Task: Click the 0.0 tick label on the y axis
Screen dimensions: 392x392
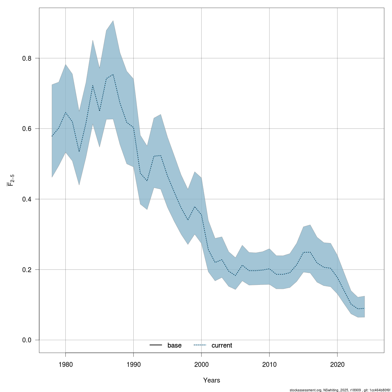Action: click(27, 340)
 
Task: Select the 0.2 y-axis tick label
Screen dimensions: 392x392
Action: click(27, 269)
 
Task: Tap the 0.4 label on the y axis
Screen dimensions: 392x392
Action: click(27, 199)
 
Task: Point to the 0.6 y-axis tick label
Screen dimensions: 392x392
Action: click(27, 128)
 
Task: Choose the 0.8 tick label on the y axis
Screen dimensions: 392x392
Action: click(27, 58)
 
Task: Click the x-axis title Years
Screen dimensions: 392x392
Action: click(212, 380)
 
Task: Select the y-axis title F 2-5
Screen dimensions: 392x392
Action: click(10, 180)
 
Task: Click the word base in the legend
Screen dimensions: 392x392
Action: click(174, 345)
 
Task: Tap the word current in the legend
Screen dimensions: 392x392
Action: click(222, 345)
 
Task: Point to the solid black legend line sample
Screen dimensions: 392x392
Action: click(156, 345)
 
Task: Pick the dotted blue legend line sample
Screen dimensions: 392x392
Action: click(200, 345)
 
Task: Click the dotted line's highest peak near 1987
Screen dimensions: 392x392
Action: click(113, 74)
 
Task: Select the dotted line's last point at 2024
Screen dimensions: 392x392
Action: click(364, 308)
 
